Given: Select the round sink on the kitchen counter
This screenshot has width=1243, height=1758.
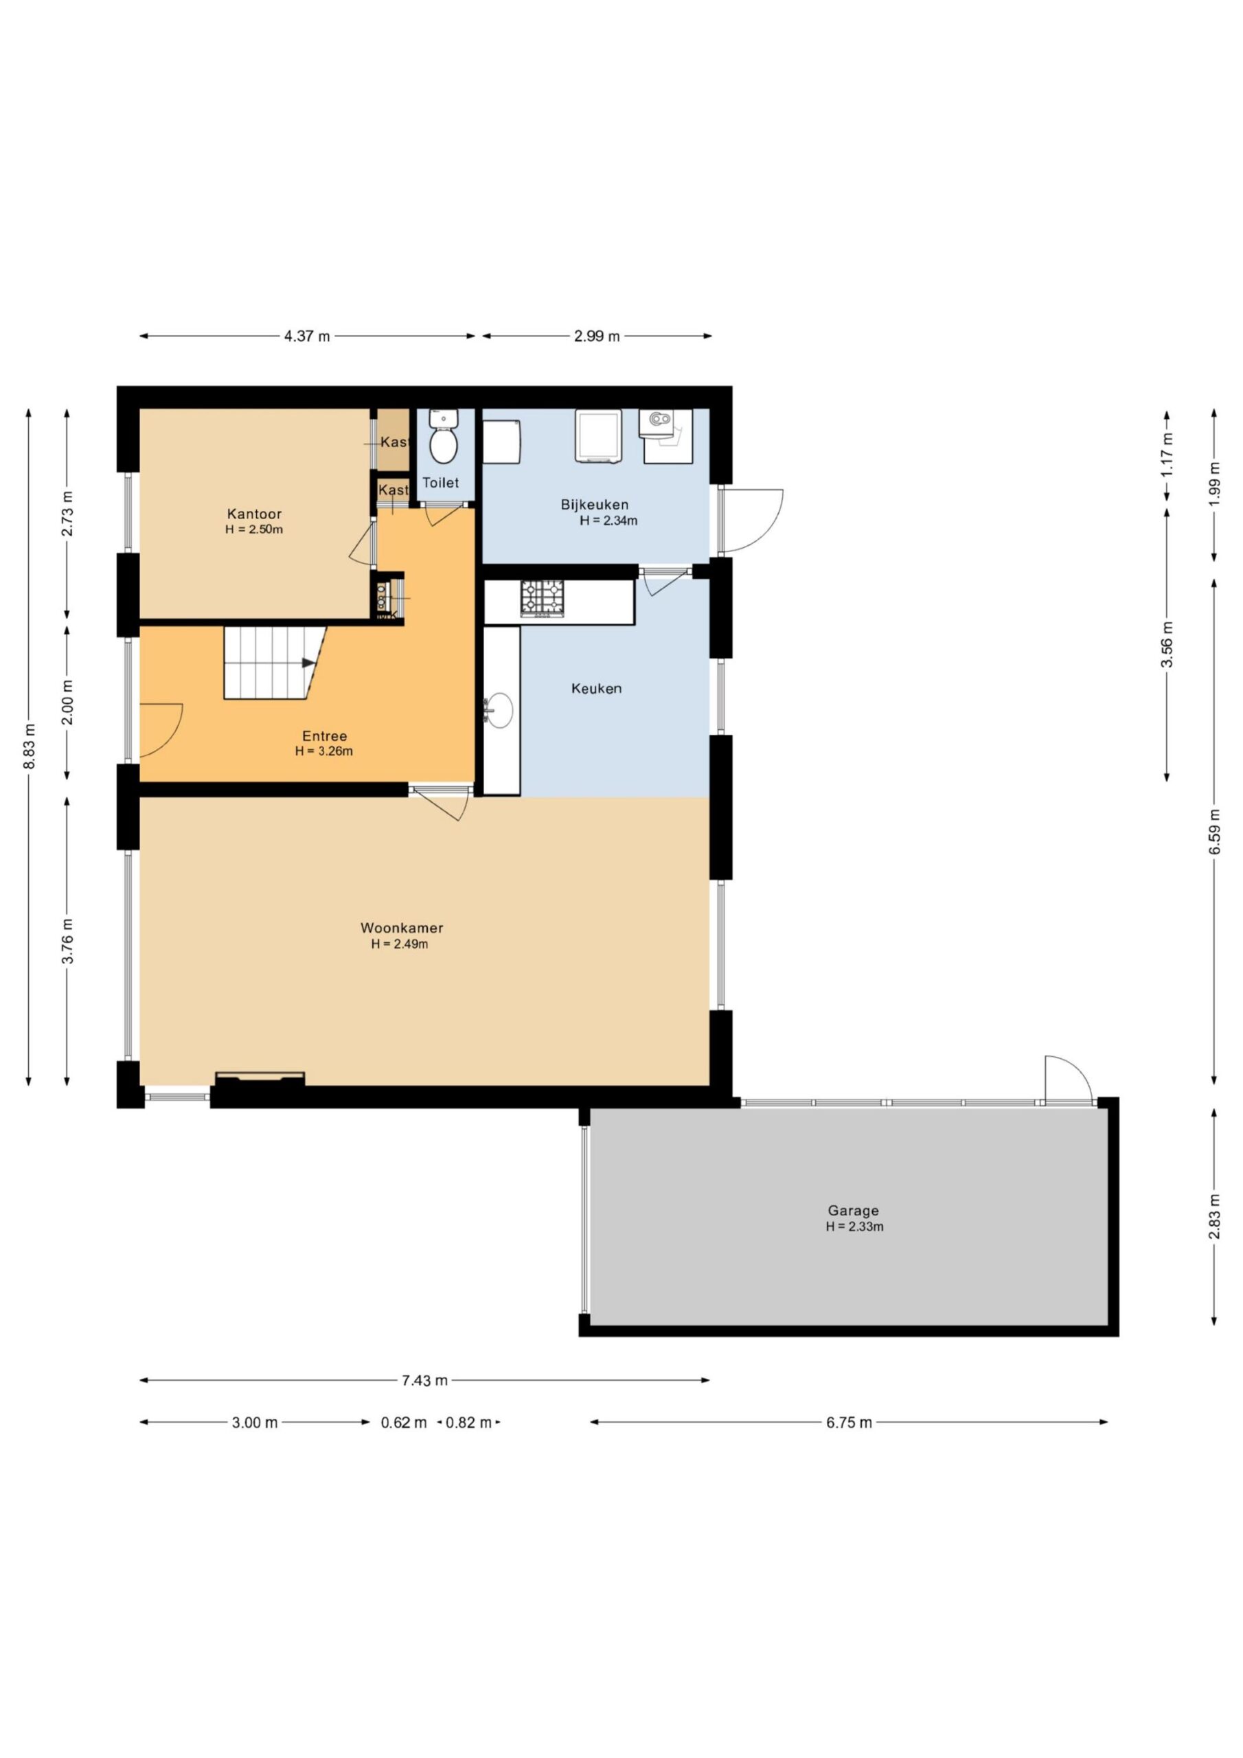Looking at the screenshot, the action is coord(500,710).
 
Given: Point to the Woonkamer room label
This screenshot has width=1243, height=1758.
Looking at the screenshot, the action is coord(401,928).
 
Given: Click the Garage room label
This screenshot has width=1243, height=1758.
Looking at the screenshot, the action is coord(852,1211).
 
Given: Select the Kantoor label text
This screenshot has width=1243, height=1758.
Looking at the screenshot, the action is coord(254,514).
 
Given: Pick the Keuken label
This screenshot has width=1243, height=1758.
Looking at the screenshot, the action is coord(596,688).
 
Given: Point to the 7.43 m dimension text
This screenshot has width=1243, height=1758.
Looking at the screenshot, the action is coord(424,1380).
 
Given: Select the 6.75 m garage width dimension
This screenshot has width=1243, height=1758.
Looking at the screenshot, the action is coord(849,1423).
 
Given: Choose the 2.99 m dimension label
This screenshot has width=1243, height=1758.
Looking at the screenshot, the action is coord(597,336).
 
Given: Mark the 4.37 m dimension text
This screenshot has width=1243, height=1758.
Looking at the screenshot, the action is coord(306,336).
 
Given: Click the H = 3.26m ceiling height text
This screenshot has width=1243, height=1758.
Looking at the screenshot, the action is coord(324,751).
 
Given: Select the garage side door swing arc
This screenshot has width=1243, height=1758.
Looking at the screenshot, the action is coord(1069,1080).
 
